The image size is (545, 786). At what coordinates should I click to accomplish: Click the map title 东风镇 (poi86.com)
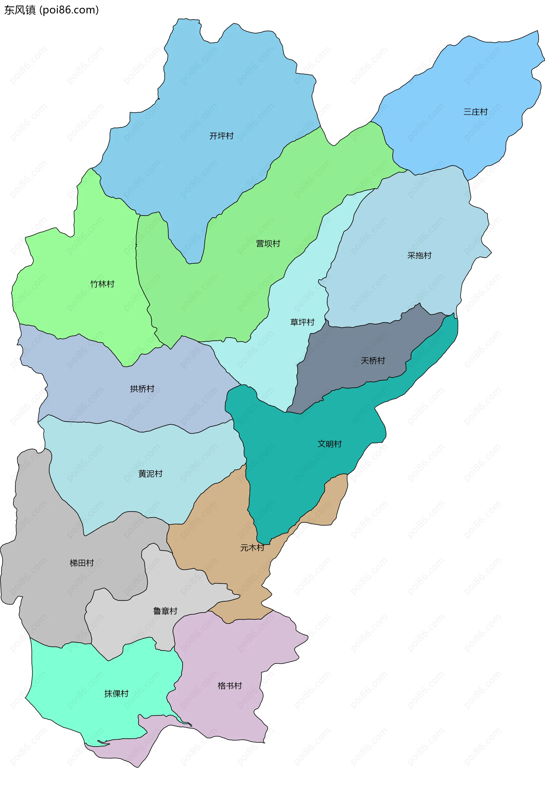(51, 10)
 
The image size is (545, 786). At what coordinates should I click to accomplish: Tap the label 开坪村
(221, 136)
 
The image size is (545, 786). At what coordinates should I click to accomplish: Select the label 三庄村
(475, 112)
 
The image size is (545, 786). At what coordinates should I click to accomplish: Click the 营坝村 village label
(268, 244)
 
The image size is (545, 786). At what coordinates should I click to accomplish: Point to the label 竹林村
(102, 284)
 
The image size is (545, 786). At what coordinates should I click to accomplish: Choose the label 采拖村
(419, 255)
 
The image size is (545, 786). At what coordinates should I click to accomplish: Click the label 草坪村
(302, 322)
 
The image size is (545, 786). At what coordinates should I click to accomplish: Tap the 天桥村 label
(373, 360)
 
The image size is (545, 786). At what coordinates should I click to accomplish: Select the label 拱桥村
(142, 389)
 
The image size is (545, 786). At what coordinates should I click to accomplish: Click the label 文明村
(330, 444)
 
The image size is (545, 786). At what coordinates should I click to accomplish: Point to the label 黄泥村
(150, 473)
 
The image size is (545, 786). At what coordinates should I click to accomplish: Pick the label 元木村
(252, 548)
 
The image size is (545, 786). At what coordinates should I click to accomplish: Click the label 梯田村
(82, 563)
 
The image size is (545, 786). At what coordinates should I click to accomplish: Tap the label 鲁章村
(165, 611)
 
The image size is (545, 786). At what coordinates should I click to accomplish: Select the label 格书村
(230, 686)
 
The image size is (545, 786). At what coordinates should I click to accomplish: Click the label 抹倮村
(116, 693)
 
